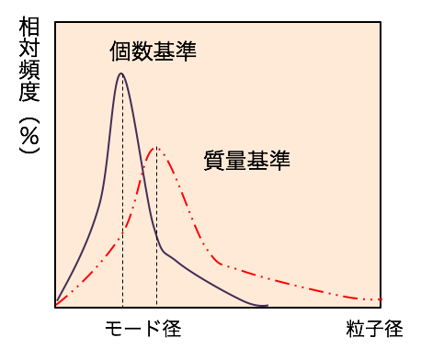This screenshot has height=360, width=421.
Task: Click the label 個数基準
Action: pyautogui.click(x=153, y=51)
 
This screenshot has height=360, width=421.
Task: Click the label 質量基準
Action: pyautogui.click(x=246, y=162)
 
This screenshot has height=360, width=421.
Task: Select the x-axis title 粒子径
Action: pyautogui.click(x=374, y=328)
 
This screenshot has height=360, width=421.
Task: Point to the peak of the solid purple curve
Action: pyautogui.click(x=121, y=73)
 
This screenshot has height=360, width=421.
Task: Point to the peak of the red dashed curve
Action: pyautogui.click(x=156, y=147)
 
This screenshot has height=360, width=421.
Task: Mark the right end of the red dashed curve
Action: pyautogui.click(x=381, y=300)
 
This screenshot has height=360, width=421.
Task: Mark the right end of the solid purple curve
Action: pyautogui.click(x=267, y=305)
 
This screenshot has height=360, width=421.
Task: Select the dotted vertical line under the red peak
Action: pyautogui.click(x=156, y=239)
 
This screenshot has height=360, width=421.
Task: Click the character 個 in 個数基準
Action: pyautogui.click(x=119, y=51)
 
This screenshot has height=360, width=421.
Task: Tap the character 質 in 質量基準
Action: pyautogui.click(x=213, y=162)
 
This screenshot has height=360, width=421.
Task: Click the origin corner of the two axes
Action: pyautogui.click(x=55, y=306)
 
